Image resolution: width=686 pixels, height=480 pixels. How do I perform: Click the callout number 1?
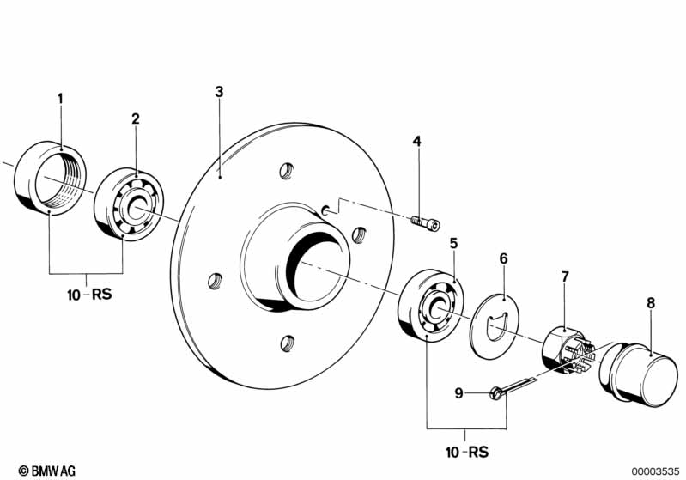[60, 99]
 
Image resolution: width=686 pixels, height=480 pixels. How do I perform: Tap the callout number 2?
[136, 118]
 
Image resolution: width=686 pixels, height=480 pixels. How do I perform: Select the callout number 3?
[219, 92]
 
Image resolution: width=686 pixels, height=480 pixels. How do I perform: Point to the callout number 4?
[417, 141]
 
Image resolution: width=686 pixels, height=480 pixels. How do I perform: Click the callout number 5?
[453, 243]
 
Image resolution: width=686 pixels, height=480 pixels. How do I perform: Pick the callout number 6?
[504, 258]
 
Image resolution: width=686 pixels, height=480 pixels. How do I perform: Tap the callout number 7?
[565, 276]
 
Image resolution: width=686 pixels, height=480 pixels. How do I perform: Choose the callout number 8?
[651, 302]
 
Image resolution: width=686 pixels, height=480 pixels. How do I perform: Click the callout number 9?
[458, 393]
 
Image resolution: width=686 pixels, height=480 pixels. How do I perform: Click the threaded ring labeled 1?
[51, 178]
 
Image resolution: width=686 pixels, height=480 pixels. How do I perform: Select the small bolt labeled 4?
[426, 222]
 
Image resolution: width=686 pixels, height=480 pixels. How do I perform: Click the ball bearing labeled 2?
[129, 204]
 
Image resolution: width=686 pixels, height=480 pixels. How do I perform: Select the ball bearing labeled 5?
[431, 306]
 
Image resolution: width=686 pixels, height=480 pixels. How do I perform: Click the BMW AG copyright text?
[47, 471]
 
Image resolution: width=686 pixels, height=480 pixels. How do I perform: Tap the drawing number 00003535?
[655, 471]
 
